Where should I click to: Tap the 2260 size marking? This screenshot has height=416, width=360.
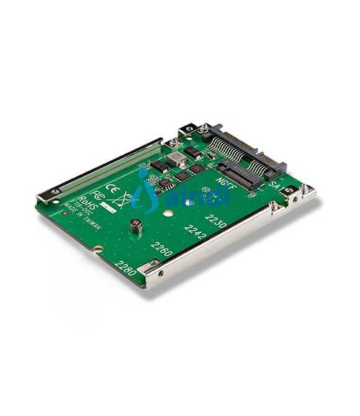click(x=161, y=250)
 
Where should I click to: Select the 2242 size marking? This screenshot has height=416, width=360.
click(x=195, y=232)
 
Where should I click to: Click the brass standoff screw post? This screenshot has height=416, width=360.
click(x=137, y=228)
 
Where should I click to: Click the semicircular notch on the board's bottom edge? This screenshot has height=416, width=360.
click(x=97, y=250)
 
